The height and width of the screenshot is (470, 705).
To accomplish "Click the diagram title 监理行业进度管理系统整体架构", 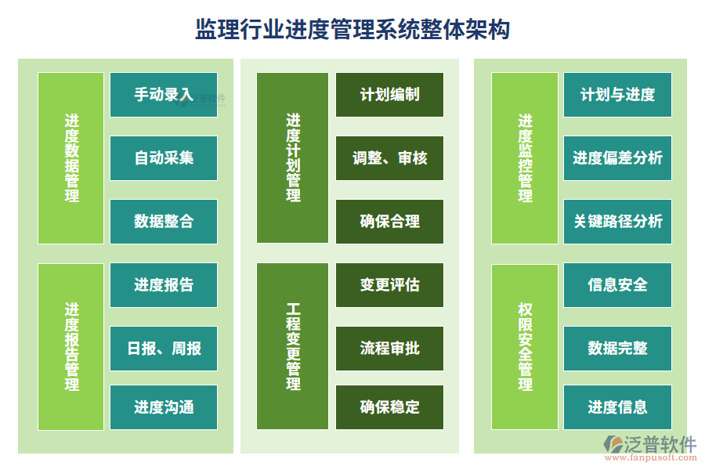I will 352,30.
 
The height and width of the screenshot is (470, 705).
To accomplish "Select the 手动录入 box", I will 164,95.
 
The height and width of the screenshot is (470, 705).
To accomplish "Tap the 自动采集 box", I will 164,158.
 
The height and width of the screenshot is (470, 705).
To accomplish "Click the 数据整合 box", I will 164,222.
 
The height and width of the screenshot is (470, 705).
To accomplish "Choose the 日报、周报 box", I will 164,348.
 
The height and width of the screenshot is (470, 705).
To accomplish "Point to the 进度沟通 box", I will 164,407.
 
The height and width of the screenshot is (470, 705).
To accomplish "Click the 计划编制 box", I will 389,95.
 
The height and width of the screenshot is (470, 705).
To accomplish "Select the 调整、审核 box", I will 389,158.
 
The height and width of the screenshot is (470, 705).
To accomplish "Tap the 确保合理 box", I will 389,222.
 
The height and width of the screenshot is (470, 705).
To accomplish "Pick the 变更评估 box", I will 389,285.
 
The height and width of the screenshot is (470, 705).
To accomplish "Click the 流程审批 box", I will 389,348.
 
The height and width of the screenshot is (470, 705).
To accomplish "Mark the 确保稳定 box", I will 389,407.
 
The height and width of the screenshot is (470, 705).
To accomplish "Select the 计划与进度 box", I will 617,95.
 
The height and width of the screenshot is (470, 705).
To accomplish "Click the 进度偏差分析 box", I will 617,158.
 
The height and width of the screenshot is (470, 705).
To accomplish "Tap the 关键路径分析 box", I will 617,222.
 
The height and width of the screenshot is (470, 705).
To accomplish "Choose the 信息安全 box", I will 617,285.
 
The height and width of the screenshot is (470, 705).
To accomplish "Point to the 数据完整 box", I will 617,348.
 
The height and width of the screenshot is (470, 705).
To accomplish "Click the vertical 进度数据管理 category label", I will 71,158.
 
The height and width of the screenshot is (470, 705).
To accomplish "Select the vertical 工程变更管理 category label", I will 293,346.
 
